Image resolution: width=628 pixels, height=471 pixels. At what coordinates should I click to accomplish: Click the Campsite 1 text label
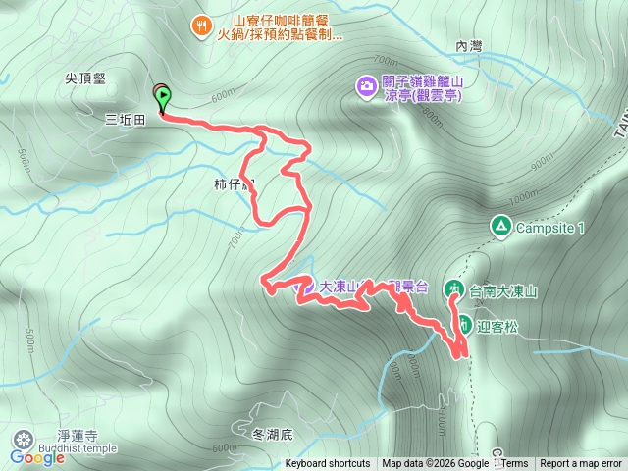[x=550, y=228]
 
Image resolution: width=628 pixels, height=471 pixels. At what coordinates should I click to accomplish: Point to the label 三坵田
[x=125, y=119]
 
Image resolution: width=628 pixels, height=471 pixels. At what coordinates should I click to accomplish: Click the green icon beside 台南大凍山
[x=454, y=288]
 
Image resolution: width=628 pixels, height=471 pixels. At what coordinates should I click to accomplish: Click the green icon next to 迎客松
[x=465, y=323]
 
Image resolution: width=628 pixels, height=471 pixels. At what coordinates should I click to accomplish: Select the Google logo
[x=36, y=457]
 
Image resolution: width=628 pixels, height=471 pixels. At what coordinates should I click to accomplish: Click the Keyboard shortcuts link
[x=328, y=464]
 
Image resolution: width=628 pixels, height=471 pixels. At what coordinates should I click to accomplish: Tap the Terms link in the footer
[x=514, y=464]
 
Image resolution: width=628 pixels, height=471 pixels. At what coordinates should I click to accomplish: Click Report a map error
[x=583, y=464]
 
